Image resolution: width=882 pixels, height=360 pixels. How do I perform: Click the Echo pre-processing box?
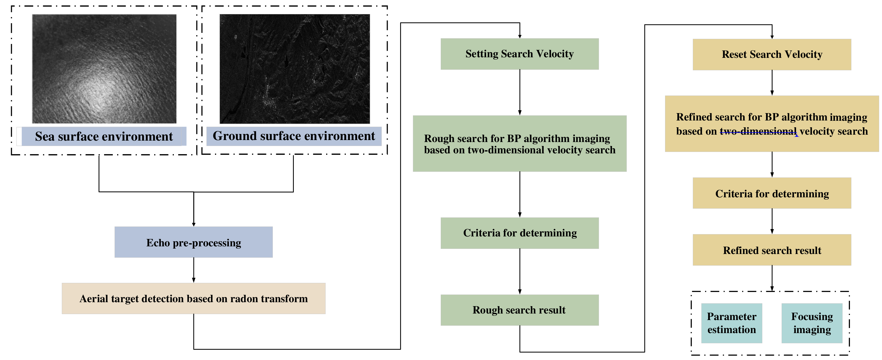click(x=193, y=242)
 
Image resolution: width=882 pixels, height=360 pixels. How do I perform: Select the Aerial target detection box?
click(x=193, y=298)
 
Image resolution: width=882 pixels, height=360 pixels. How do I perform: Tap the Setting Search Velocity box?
click(x=519, y=54)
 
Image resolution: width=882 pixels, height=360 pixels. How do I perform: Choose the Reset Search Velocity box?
click(x=772, y=54)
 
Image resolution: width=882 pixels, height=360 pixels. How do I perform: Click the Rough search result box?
click(x=519, y=310)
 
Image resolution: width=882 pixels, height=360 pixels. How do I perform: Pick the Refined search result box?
click(x=772, y=250)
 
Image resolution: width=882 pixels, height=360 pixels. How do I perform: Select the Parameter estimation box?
click(x=731, y=323)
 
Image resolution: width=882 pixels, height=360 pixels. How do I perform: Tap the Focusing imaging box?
click(x=812, y=323)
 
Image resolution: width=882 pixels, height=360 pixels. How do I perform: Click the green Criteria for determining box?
click(x=519, y=233)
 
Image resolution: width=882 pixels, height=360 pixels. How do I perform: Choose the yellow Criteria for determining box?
click(x=772, y=193)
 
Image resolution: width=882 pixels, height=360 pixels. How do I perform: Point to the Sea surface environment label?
click(x=104, y=136)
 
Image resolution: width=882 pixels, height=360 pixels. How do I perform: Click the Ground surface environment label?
click(x=294, y=136)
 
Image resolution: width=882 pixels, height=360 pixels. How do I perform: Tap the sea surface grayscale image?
click(x=104, y=68)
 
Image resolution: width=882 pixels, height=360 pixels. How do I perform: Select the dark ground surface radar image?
click(x=294, y=68)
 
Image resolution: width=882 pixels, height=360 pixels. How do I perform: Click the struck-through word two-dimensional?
click(x=758, y=132)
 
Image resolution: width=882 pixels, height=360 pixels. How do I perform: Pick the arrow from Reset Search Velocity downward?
click(x=772, y=83)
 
